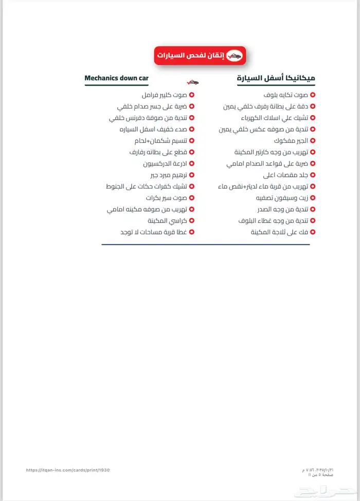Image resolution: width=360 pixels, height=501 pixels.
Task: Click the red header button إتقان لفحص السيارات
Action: click(200, 55)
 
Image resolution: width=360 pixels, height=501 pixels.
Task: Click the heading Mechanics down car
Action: click(116, 78)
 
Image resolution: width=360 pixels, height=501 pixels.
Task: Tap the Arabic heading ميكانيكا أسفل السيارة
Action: click(276, 78)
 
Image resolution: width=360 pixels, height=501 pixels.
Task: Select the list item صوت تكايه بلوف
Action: click(286, 95)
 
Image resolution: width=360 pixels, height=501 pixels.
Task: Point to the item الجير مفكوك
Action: click(293, 140)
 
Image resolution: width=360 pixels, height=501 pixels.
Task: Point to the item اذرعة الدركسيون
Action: click(164, 163)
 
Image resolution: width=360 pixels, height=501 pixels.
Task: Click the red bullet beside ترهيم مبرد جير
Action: click(191, 175)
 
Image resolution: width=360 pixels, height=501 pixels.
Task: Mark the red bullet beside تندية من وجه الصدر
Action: click(313, 209)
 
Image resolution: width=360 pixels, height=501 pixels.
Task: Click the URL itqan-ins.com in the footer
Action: click(67, 470)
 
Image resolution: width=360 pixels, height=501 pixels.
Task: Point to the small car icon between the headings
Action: click(192, 81)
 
